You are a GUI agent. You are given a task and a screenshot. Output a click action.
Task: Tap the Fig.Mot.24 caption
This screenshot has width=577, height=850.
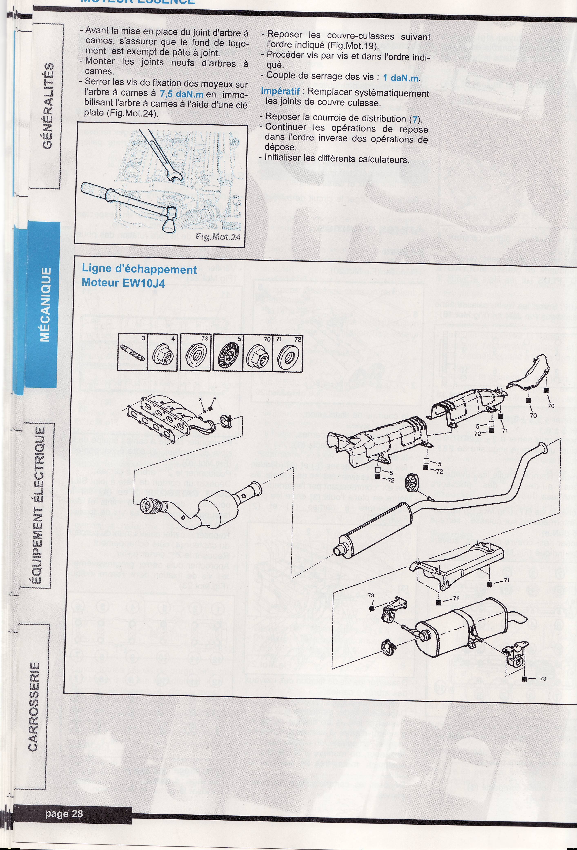[x=218, y=237]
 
